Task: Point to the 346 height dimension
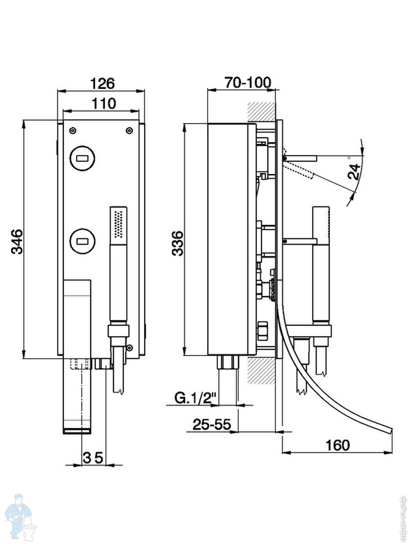point(17,242)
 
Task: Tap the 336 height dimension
point(178,243)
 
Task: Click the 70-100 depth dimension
point(247,83)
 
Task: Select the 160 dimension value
point(338,445)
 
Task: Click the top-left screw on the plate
point(72,131)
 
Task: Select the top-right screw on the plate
point(129,131)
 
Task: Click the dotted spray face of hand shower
point(119,223)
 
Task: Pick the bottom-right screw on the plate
point(130,348)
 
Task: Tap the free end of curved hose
point(389,430)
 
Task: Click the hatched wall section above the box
point(261,111)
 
